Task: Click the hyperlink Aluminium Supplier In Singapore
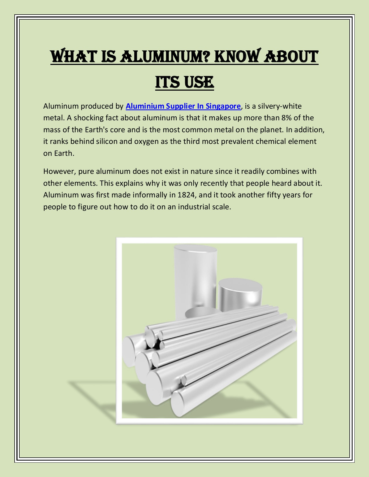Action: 183,106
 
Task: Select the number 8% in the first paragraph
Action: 286,118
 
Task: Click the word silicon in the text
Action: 107,142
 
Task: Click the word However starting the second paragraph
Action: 59,171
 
